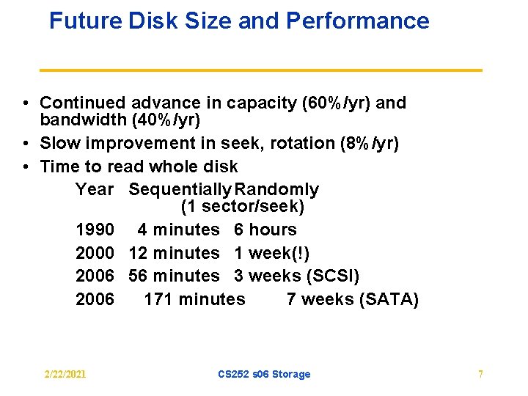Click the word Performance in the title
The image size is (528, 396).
[357, 21]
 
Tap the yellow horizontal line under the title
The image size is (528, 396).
[260, 70]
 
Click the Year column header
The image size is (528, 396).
[95, 189]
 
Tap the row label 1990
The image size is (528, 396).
[95, 230]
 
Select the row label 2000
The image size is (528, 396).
[95, 253]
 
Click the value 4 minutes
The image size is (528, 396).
[178, 230]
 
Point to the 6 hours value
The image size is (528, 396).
[265, 230]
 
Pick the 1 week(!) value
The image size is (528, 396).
[271, 253]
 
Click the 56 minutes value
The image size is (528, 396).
[174, 276]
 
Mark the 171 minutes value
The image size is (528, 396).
[194, 298]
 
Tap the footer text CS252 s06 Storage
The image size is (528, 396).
[264, 375]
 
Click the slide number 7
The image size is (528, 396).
[480, 375]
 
